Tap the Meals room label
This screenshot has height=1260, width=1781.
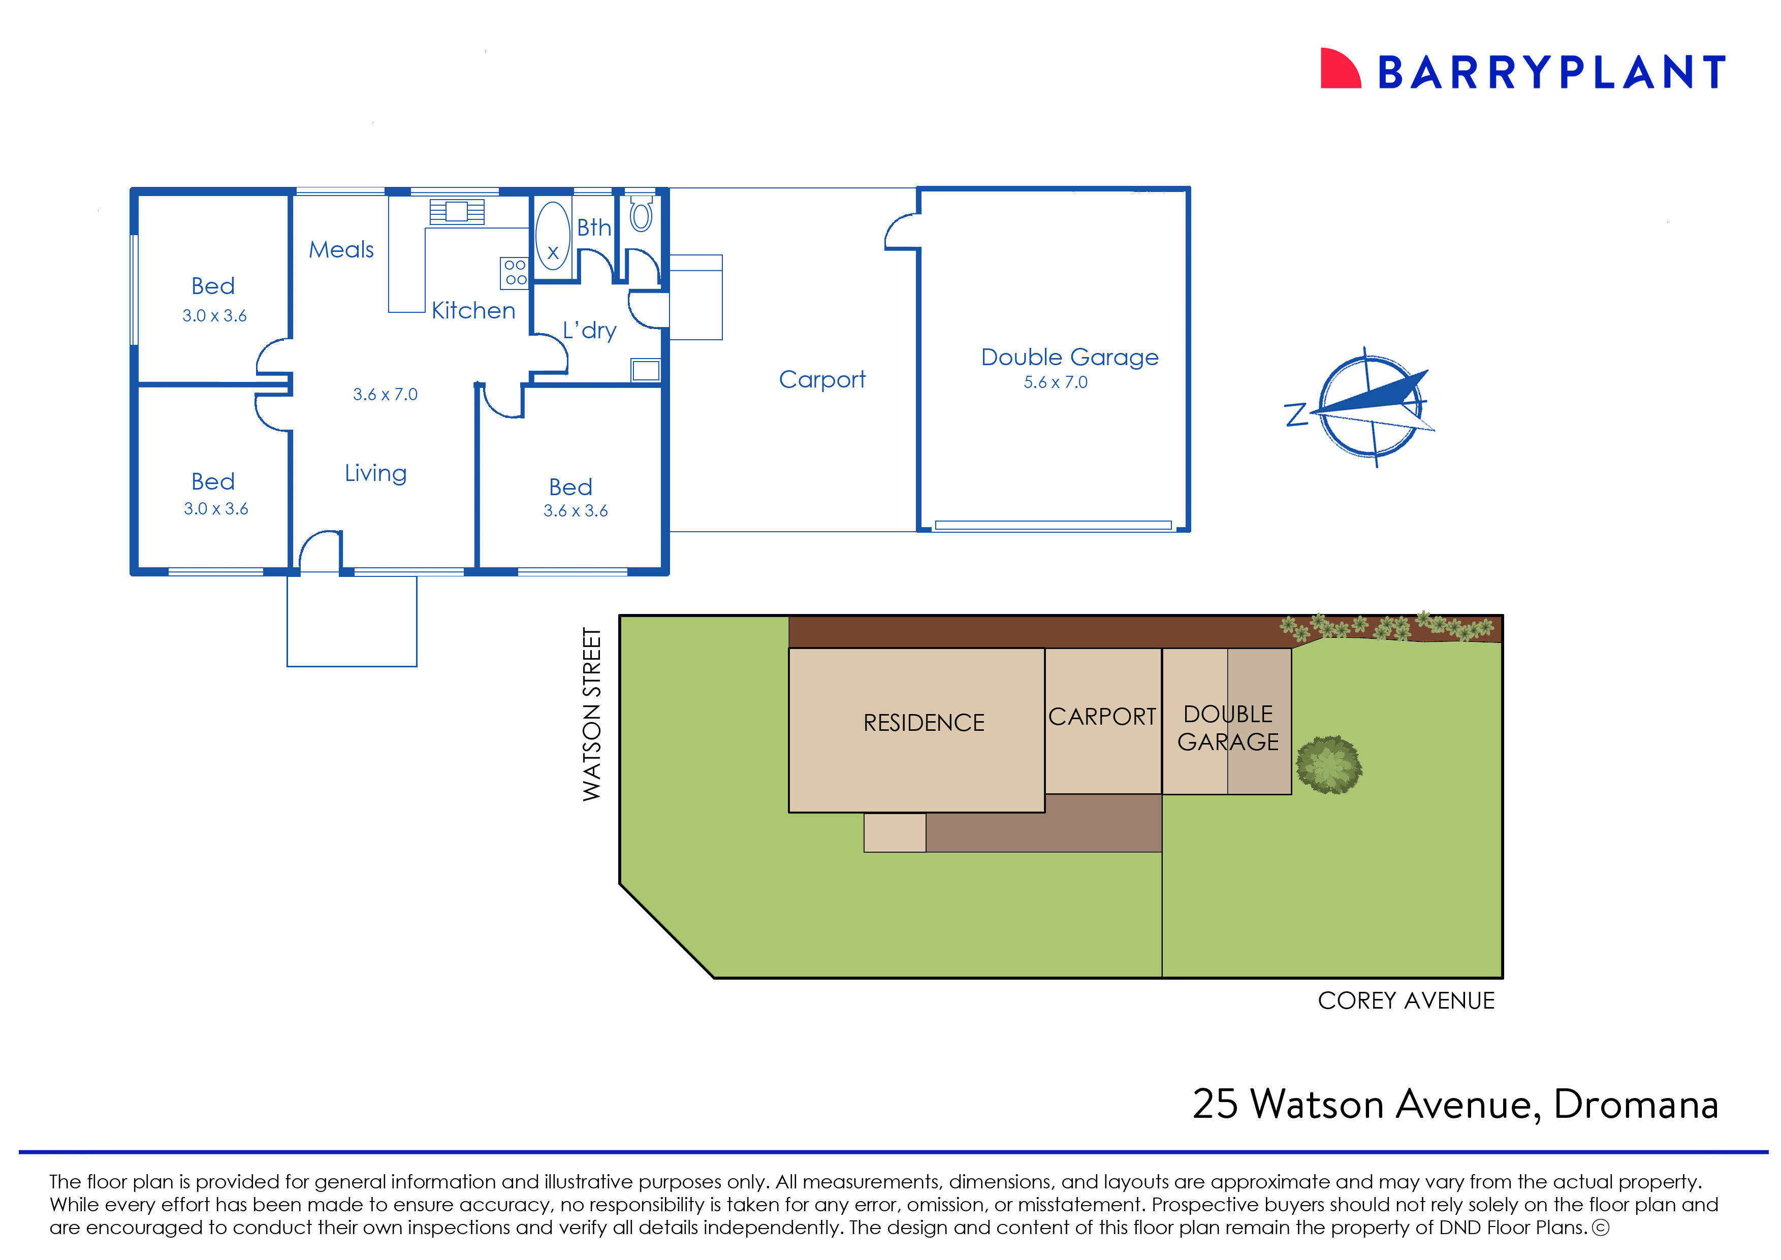click(341, 250)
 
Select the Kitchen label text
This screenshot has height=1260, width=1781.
click(473, 310)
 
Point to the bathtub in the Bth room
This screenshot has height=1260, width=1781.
click(553, 236)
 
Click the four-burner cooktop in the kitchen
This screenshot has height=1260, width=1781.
click(515, 272)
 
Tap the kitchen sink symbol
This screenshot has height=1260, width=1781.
click(457, 211)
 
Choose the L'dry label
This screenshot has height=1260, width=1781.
click(590, 331)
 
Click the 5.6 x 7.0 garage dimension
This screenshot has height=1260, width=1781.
click(1056, 382)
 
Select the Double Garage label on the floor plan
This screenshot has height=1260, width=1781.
click(1069, 357)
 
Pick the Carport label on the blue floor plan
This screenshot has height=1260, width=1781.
click(822, 379)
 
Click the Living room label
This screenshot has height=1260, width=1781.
click(375, 473)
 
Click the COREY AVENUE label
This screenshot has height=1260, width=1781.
click(1406, 1001)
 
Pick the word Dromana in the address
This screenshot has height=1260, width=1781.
click(1635, 1105)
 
